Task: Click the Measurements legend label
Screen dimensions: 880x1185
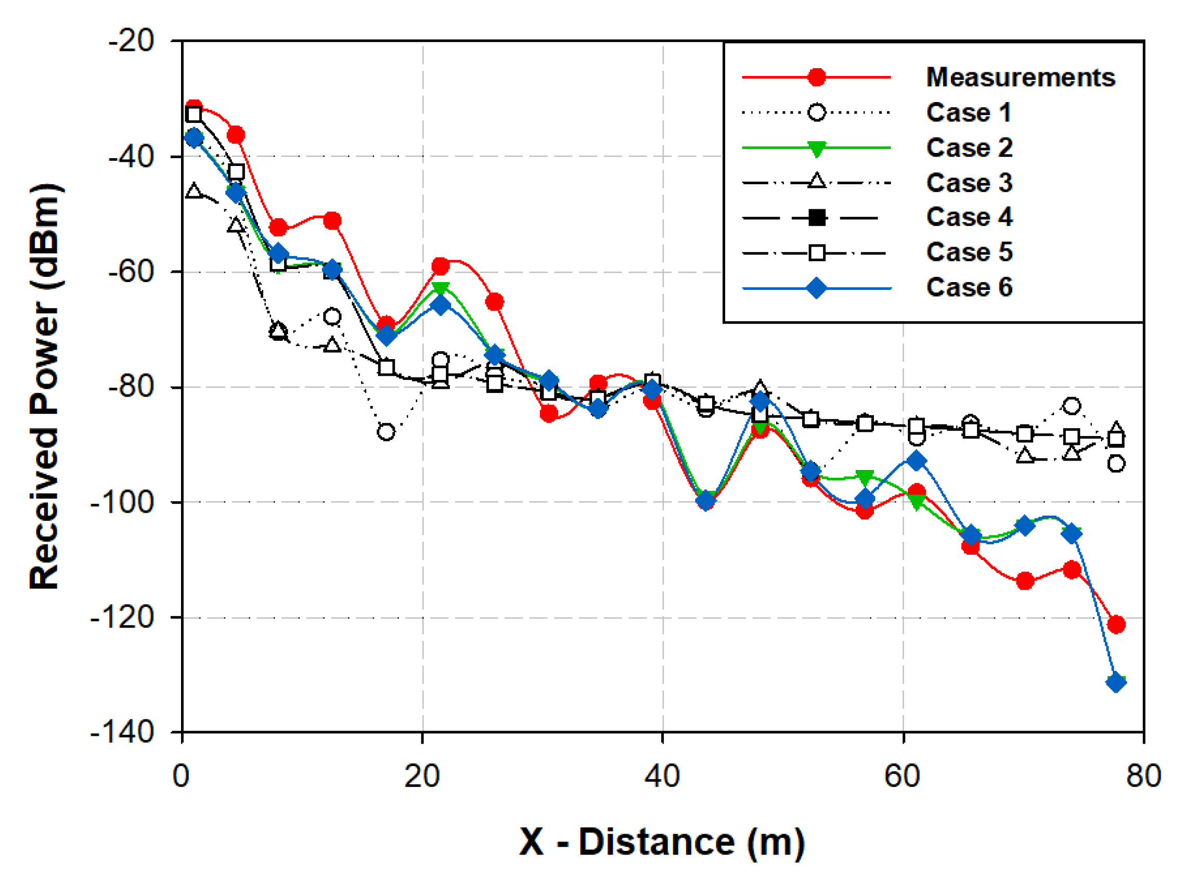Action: pyautogui.click(x=1020, y=77)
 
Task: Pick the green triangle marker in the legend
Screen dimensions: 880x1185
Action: pyautogui.click(x=816, y=149)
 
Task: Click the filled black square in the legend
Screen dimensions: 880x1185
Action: pyautogui.click(x=816, y=218)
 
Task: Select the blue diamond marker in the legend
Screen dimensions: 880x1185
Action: pyautogui.click(x=816, y=289)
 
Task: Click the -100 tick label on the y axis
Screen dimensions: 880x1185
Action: pyautogui.click(x=122, y=502)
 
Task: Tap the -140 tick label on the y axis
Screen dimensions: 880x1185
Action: pyautogui.click(x=122, y=733)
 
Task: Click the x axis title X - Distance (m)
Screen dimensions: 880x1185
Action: pyautogui.click(x=662, y=842)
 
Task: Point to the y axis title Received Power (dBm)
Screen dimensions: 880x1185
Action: pyautogui.click(x=45, y=386)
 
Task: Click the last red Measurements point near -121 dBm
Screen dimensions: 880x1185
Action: pyautogui.click(x=1116, y=624)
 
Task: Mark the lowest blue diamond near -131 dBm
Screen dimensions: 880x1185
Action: pyautogui.click(x=1116, y=682)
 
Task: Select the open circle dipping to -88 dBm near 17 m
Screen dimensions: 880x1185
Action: pyautogui.click(x=386, y=431)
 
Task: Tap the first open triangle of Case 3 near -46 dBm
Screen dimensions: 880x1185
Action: pyautogui.click(x=194, y=190)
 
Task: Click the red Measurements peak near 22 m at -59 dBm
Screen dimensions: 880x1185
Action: pyautogui.click(x=440, y=266)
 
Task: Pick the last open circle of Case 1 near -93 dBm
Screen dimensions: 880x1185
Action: pyautogui.click(x=1116, y=464)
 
